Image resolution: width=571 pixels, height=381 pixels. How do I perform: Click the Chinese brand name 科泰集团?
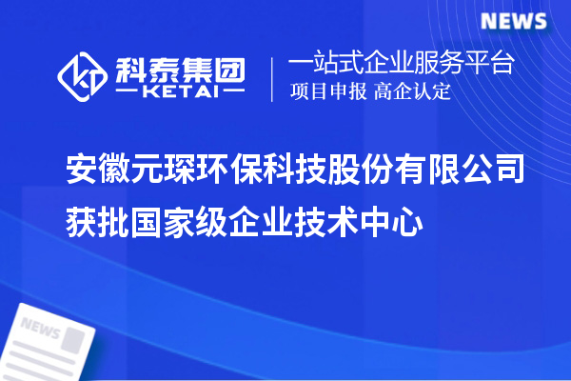click(182, 70)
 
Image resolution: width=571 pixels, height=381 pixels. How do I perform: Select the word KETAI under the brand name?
click(181, 92)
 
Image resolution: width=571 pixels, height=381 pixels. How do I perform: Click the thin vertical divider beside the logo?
click(274, 78)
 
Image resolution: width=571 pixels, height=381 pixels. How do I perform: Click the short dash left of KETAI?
click(127, 92)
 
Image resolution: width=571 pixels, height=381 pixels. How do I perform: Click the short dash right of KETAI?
click(235, 92)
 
